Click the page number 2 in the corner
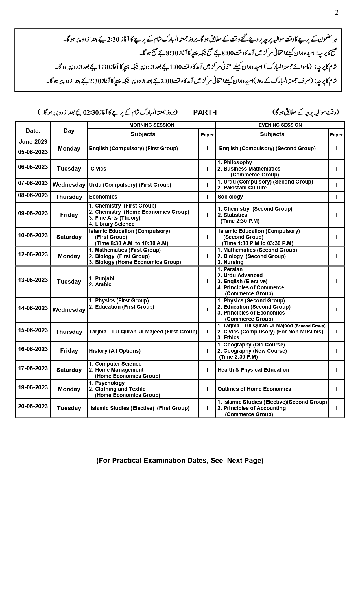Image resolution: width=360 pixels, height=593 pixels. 337,12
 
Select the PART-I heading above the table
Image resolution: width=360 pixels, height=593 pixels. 205,112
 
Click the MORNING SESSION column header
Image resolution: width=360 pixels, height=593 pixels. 152,125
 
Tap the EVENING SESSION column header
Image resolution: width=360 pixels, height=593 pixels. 280,125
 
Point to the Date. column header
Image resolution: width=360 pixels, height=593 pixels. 33,130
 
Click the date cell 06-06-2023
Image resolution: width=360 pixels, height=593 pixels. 33,167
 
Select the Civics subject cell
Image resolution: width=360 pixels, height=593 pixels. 98,169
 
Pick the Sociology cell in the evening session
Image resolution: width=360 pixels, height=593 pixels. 230,197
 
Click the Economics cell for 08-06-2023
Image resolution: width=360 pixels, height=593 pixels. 103,197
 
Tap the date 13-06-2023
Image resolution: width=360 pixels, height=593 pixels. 33,280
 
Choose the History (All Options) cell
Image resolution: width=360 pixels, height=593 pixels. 115,351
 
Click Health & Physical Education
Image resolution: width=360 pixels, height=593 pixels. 253,370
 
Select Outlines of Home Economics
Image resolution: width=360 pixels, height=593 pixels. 254,389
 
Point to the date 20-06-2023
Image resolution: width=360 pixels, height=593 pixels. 33,406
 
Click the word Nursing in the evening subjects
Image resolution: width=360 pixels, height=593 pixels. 233,262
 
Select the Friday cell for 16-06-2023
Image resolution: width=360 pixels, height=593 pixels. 69,351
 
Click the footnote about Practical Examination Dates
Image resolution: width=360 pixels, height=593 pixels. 180,460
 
